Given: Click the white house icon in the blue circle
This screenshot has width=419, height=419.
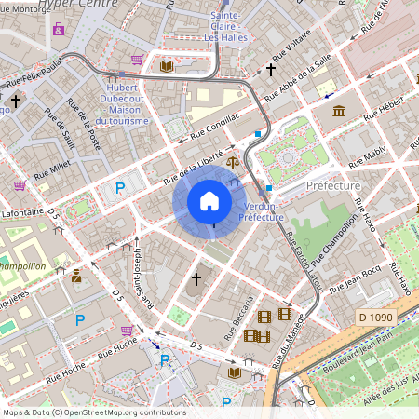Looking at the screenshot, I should pyautogui.click(x=209, y=201).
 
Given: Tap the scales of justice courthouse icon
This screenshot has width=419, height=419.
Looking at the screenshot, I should pyautogui.click(x=232, y=161).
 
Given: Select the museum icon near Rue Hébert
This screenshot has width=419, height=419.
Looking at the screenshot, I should pyautogui.click(x=337, y=112).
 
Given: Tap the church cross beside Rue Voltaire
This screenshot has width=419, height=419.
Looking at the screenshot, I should pyautogui.click(x=272, y=69).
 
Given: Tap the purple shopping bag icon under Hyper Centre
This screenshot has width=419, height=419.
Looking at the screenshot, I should pyautogui.click(x=60, y=28).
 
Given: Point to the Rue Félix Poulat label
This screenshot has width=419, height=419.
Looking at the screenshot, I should pyautogui.click(x=41, y=69).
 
